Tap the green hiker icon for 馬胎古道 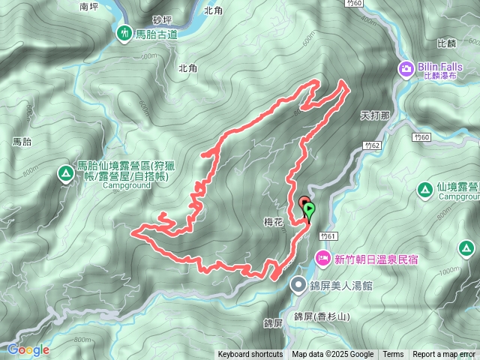pyautogui.click(x=124, y=33)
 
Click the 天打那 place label pyautogui.click(x=375, y=116)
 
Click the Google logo pyautogui.click(x=28, y=349)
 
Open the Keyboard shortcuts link pyautogui.click(x=250, y=355)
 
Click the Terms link pyautogui.click(x=393, y=355)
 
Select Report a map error pyautogui.click(x=444, y=355)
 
